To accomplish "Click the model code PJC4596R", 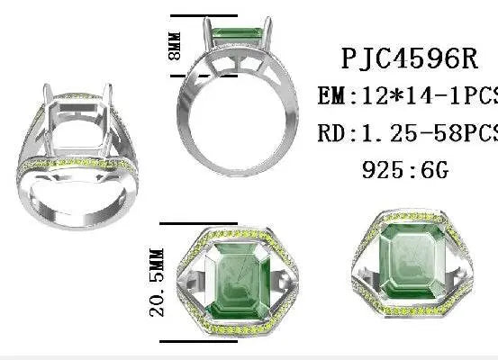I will click(x=411, y=58).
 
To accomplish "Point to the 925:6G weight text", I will click(x=406, y=169).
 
